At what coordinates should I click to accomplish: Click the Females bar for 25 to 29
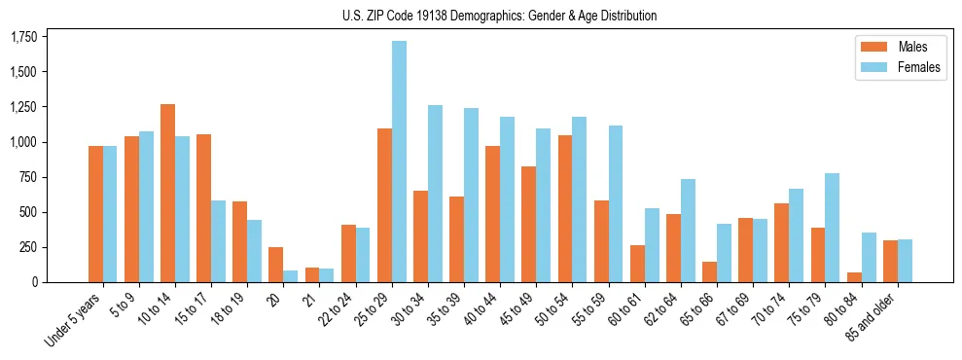399,162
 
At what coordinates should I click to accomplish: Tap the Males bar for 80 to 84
854,277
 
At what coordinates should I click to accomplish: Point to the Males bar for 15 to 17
204,208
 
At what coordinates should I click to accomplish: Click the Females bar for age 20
291,276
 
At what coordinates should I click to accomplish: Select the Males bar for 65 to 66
710,271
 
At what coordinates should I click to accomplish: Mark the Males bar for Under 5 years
95,214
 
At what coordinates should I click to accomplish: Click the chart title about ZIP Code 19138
499,16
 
